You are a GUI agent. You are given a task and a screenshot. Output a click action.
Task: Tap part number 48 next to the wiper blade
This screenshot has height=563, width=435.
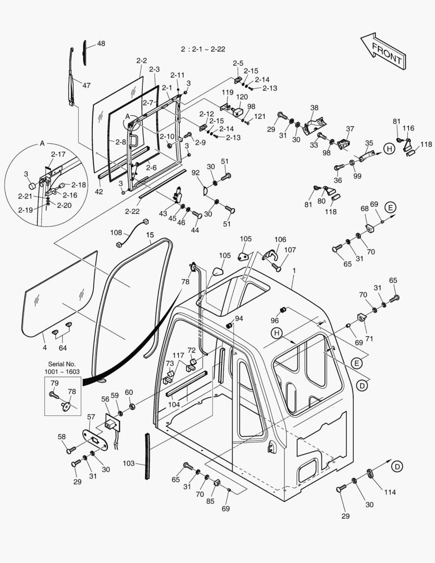point(101,44)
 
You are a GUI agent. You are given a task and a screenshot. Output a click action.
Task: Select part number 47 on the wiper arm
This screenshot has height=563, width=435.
point(86,85)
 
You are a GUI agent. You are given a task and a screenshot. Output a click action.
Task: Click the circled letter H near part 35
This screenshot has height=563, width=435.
point(389,149)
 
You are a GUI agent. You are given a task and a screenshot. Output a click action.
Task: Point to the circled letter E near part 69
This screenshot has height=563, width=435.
point(390,207)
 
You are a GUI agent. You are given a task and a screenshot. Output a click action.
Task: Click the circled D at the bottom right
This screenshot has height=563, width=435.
point(397,467)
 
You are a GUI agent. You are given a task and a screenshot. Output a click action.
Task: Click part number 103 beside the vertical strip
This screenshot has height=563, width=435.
point(129,463)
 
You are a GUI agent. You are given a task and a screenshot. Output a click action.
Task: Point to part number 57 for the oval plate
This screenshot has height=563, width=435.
point(91,417)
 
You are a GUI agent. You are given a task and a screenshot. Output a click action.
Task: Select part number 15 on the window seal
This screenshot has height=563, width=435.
point(150,236)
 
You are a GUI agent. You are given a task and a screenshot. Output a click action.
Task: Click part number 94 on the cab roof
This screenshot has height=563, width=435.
point(239,318)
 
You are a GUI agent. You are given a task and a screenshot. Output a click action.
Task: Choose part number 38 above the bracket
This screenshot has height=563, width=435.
point(314,108)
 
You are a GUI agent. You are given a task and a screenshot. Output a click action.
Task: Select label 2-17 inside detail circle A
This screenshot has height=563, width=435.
point(58,154)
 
